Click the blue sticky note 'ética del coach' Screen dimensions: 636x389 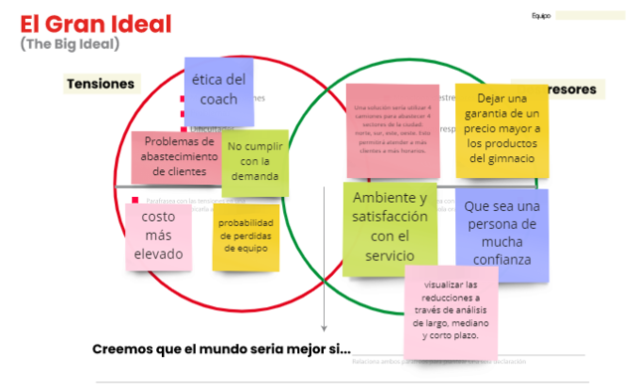(x=219, y=90)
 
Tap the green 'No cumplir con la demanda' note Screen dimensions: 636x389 (x=255, y=162)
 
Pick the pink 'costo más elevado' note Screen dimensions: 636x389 (x=158, y=236)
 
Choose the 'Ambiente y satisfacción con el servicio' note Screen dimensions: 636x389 (x=391, y=228)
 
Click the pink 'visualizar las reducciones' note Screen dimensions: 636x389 (x=450, y=309)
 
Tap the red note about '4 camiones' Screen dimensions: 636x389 (x=396, y=131)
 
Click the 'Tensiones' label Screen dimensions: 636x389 (x=100, y=85)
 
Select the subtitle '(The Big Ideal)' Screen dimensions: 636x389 (x=70, y=44)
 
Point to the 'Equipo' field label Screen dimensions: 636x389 (x=541, y=16)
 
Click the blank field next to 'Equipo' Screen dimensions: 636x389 (x=590, y=16)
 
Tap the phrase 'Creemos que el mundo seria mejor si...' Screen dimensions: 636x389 (x=221, y=349)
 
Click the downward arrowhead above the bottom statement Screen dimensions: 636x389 (x=324, y=327)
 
